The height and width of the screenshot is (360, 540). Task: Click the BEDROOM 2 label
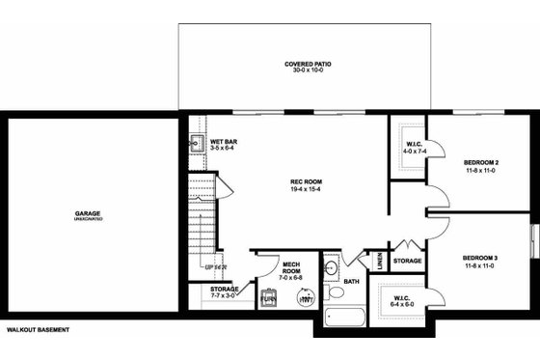[480, 161]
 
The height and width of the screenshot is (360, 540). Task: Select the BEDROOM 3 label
[480, 258]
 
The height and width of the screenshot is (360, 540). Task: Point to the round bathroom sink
[331, 267]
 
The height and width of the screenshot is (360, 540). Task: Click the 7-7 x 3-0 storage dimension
[226, 295]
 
